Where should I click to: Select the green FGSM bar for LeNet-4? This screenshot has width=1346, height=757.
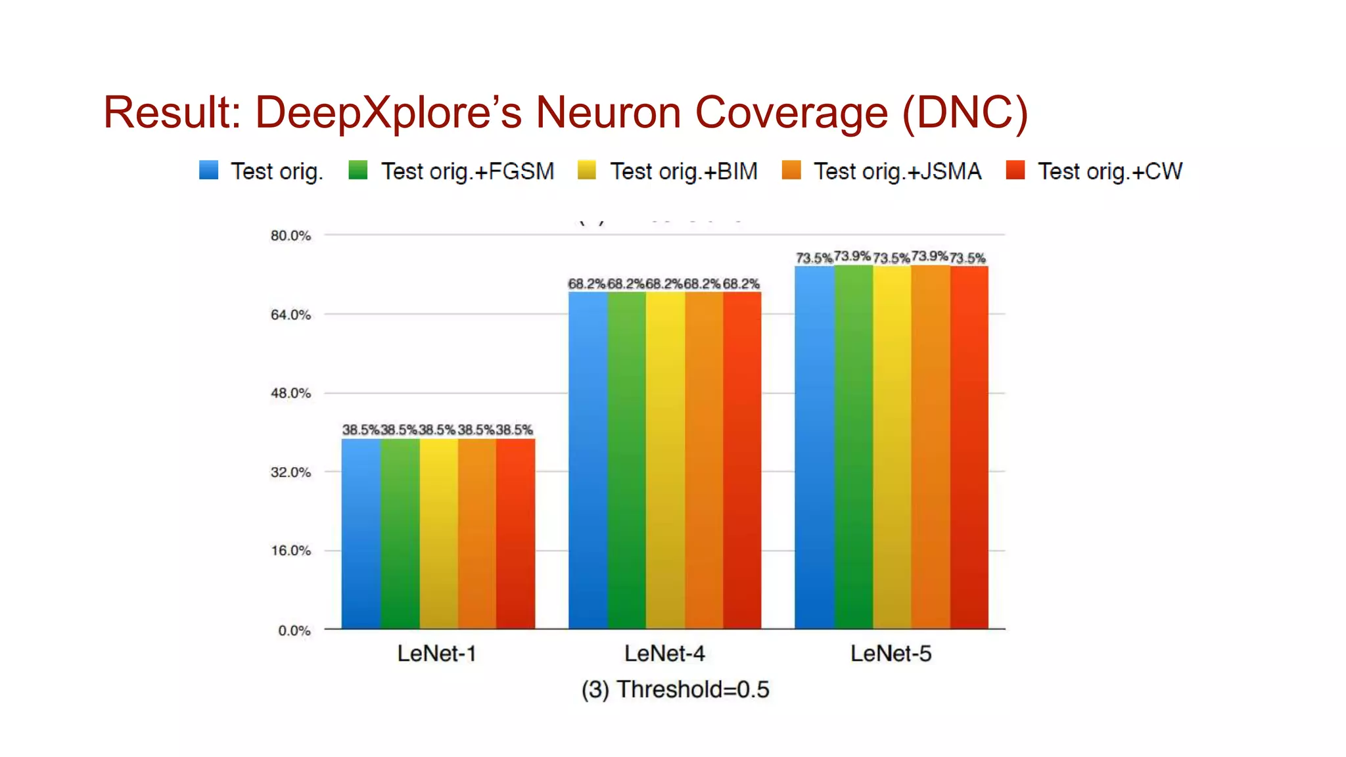[x=626, y=460]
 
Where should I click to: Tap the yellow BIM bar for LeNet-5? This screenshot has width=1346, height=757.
[x=892, y=447]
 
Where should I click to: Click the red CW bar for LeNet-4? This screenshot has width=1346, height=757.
[x=742, y=460]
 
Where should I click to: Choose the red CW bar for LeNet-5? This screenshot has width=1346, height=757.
[x=969, y=447]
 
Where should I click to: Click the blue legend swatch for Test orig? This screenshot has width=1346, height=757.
[x=208, y=170]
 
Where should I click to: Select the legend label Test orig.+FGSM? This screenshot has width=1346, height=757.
[x=467, y=172]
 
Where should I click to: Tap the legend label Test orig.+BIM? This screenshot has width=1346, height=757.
[x=684, y=172]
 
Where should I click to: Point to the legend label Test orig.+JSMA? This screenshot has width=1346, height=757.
[x=897, y=172]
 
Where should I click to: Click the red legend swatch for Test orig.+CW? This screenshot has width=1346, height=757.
[x=1015, y=170]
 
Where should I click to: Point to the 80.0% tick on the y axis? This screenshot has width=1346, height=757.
[x=290, y=235]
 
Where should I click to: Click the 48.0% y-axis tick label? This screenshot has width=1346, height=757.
[x=290, y=393]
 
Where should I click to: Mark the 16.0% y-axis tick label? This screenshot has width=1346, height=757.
[x=290, y=551]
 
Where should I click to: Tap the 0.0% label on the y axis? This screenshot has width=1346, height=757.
[x=294, y=630]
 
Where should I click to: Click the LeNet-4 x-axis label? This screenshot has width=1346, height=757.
[x=664, y=653]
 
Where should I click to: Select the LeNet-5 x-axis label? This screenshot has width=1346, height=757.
[x=891, y=653]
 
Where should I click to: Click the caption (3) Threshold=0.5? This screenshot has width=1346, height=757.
[x=675, y=689]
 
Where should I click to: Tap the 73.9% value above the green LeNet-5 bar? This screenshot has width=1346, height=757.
[x=852, y=256]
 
